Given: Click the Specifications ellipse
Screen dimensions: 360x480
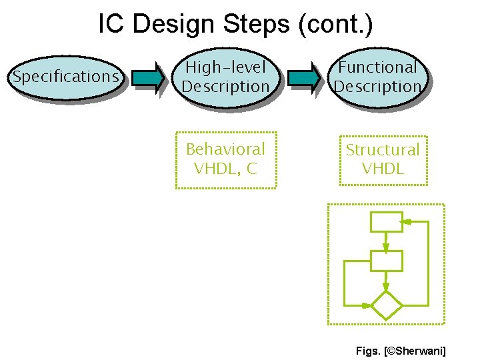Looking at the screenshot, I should pos(65,77).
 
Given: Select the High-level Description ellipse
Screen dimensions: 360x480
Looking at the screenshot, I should pos(225,77).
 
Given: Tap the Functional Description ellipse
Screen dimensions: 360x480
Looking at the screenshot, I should pos(378,77).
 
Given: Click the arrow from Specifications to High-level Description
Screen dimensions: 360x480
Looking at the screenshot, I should pos(147,77).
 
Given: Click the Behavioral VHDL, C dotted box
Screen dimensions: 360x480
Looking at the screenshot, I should pos(225,159).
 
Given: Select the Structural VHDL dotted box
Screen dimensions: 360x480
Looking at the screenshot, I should pos(383,159).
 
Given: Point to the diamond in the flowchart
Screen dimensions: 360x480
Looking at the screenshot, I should pos(386,306).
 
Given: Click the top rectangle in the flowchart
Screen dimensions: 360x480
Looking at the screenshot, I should pos(386,222).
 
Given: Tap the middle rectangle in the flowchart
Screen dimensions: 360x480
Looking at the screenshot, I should pos(386,261).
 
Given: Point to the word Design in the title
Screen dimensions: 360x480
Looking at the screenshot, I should pos(175,25).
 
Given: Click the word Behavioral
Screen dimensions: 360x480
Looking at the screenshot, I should pos(225,149).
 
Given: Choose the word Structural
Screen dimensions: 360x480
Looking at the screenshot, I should pos(383,150).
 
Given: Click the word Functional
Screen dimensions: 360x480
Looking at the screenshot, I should pos(377,67).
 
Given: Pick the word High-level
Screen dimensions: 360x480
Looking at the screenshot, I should pos(225,67).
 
